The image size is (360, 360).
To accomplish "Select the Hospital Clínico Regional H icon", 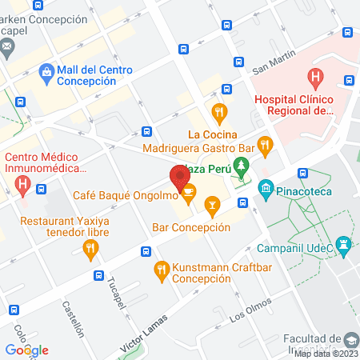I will click(x=315, y=78).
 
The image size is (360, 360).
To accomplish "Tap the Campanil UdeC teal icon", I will click(x=343, y=243).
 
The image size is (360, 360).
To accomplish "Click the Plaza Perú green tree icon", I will click(x=245, y=169).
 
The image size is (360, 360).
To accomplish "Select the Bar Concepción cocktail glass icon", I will click(x=211, y=208).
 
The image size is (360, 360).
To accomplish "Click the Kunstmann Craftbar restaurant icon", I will click(x=162, y=270).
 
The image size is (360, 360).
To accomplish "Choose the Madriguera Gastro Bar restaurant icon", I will click(x=267, y=146).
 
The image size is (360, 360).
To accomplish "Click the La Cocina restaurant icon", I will click(x=217, y=111).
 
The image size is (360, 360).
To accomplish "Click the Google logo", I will click(x=26, y=350).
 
